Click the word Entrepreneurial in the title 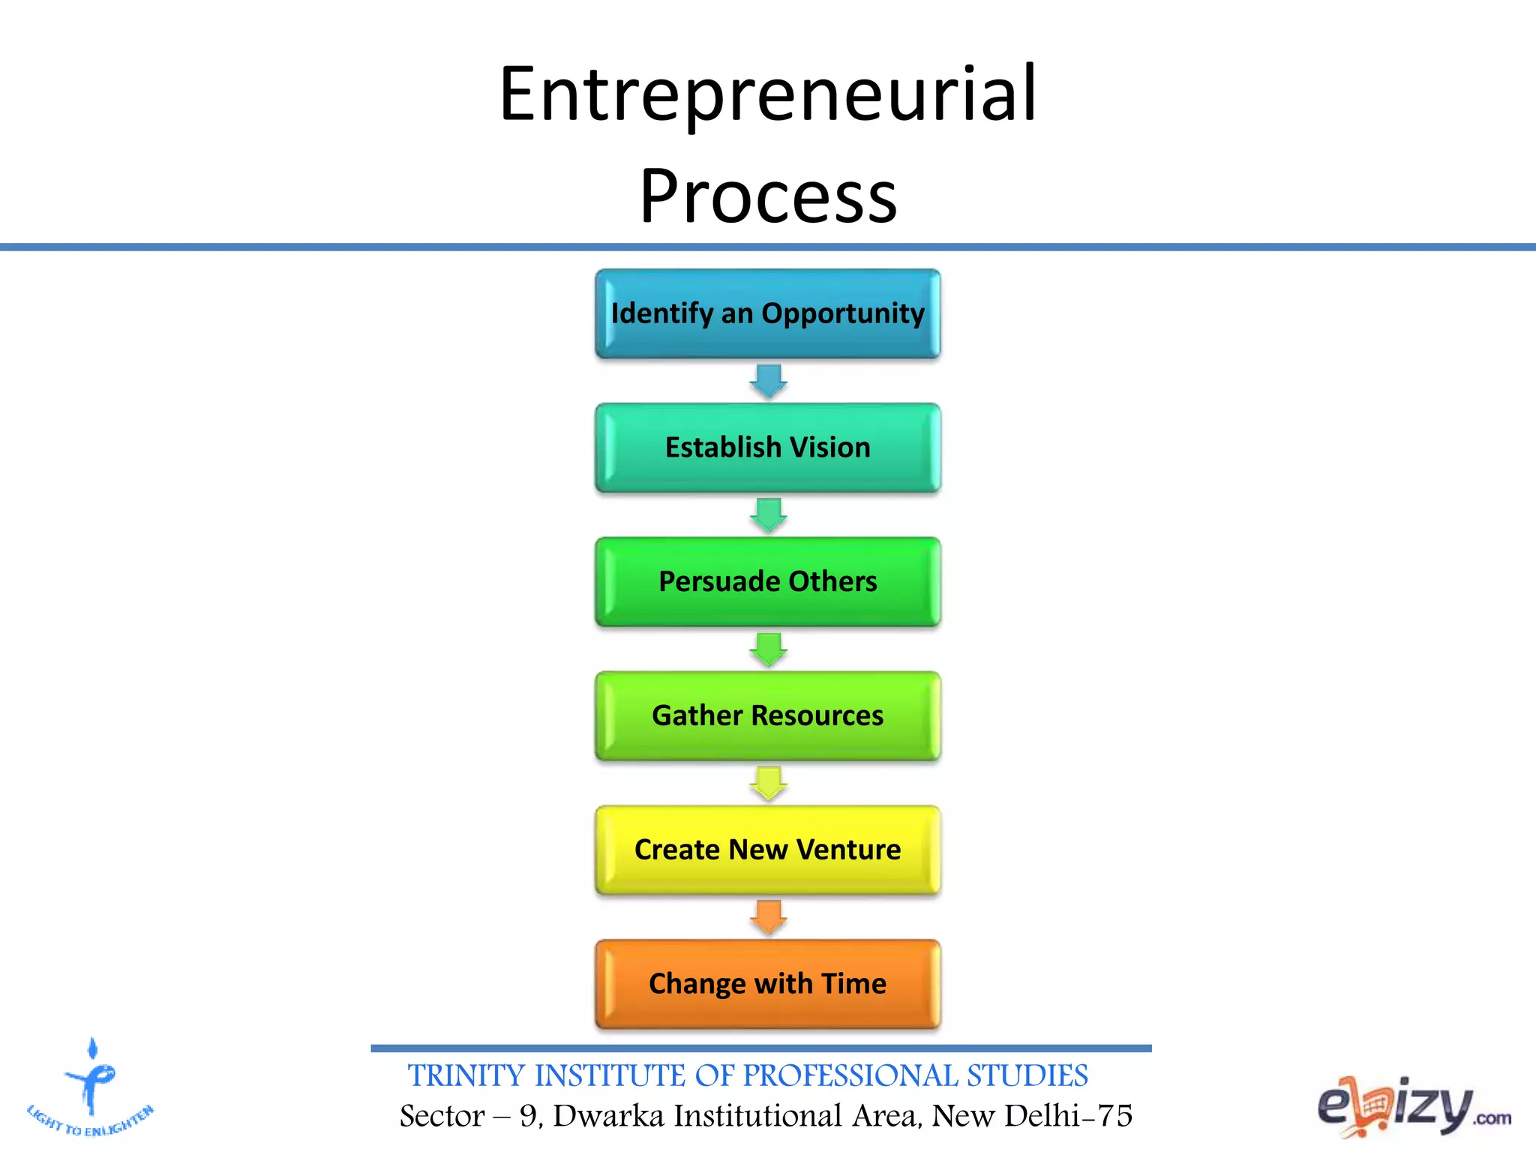[768, 96]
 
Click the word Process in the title [768, 196]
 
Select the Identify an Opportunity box [768, 313]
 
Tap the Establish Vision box [768, 448]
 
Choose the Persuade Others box [768, 582]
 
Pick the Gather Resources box [768, 716]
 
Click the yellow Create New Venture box [768, 850]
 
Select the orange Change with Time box [768, 984]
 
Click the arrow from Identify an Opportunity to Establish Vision [769, 381]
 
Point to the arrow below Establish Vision [769, 515]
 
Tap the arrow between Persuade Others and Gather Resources [769, 649]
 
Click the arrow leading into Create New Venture [769, 783]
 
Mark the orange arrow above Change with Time [769, 917]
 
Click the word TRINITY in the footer [466, 1076]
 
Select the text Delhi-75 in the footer [1068, 1116]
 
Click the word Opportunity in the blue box [843, 313]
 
